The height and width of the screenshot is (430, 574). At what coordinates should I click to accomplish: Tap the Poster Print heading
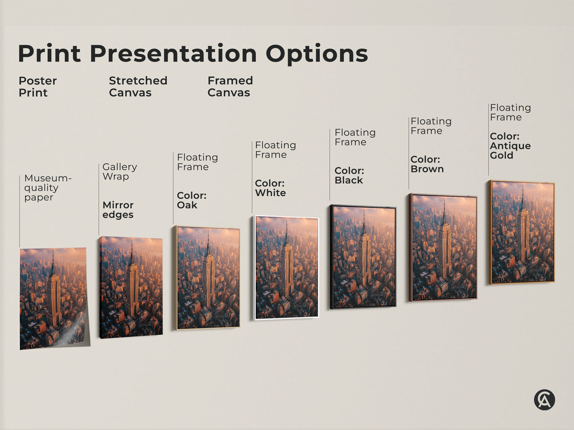[x=38, y=86]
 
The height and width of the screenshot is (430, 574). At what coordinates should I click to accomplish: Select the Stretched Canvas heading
[x=138, y=86]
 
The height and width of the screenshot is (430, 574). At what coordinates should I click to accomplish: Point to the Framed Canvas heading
[x=230, y=86]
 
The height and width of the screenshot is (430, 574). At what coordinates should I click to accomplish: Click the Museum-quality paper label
[x=47, y=188]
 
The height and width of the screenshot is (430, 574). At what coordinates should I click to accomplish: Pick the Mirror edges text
[x=118, y=210]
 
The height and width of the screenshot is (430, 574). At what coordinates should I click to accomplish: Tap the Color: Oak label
[x=191, y=200]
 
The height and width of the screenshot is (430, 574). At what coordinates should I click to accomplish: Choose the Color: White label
[x=270, y=188]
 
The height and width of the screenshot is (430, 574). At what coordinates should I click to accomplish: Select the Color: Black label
[x=349, y=175]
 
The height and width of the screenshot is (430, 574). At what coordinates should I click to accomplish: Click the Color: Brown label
[x=427, y=164]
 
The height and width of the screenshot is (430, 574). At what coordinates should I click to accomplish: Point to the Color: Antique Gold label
[x=510, y=146]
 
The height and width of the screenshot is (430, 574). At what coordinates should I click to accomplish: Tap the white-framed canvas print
[x=286, y=268]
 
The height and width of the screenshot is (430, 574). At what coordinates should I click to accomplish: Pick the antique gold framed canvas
[x=522, y=232]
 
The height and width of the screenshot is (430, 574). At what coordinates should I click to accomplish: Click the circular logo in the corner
[x=544, y=399]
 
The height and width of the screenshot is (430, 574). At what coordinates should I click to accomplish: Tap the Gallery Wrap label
[x=120, y=171]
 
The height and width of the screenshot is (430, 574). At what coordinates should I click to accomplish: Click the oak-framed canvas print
[x=207, y=278]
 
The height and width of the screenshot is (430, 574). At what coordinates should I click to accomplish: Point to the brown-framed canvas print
[x=443, y=248]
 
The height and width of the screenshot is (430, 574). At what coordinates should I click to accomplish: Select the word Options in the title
[x=317, y=54]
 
